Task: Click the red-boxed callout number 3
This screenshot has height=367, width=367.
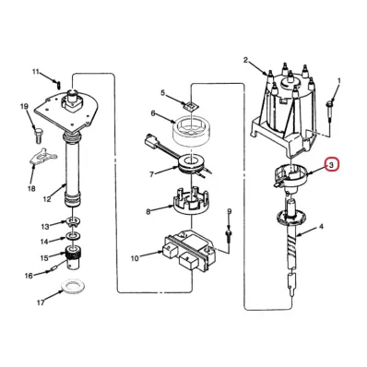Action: pyautogui.click(x=331, y=165)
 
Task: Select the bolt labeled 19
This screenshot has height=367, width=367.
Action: pyautogui.click(x=38, y=135)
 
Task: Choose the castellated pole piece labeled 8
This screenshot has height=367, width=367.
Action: pyautogui.click(x=192, y=202)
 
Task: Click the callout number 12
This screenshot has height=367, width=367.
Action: pyautogui.click(x=47, y=199)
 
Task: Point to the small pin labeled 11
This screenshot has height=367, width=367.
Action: pyautogui.click(x=58, y=82)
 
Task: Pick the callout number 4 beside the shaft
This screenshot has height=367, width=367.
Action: pyautogui.click(x=321, y=227)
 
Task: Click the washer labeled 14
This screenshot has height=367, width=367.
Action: pyautogui.click(x=74, y=236)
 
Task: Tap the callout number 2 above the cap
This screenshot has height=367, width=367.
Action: pyautogui.click(x=245, y=60)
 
